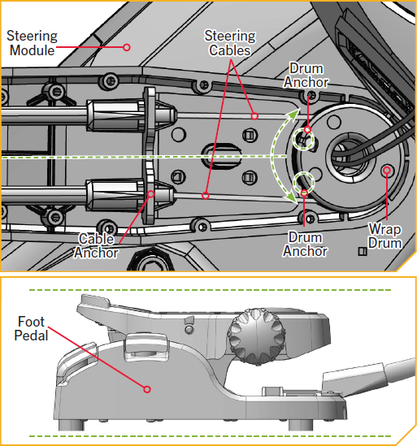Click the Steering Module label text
(32, 43)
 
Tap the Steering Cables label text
(230, 43)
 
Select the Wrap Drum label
(384, 236)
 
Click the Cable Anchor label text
(96, 245)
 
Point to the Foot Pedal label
(31, 328)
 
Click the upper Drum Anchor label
(306, 75)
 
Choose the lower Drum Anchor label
(305, 244)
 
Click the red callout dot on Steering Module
(127, 47)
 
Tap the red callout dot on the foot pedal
(147, 389)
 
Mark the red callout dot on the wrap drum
(387, 170)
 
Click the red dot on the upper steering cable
(254, 116)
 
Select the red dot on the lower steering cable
(206, 196)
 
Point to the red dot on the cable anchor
(151, 194)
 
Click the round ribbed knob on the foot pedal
(257, 337)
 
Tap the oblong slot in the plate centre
(221, 155)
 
